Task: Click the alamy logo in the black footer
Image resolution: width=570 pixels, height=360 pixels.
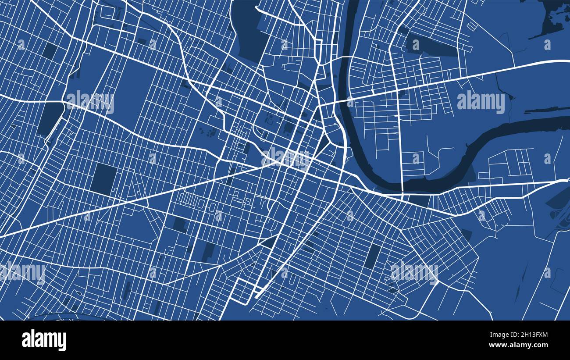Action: pos(44,340)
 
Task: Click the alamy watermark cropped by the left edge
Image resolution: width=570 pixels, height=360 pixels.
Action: pos(22,273)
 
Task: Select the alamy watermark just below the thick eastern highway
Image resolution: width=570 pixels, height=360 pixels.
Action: pos(481,102)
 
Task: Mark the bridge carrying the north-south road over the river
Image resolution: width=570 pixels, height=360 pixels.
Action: pos(402,186)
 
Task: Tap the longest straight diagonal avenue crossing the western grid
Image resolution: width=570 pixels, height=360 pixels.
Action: pos(132,200)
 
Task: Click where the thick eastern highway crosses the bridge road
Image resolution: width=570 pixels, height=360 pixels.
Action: pos(397,90)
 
